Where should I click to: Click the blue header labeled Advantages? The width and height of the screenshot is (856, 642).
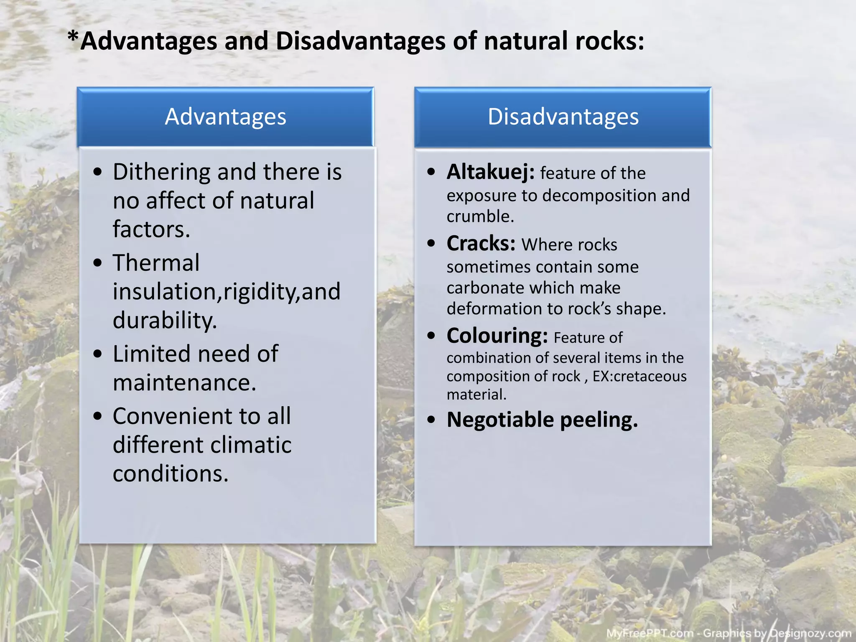225,117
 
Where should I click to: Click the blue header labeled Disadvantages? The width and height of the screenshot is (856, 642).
563,117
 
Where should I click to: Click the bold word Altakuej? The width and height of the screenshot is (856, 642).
490,172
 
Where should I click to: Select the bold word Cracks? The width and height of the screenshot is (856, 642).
481,244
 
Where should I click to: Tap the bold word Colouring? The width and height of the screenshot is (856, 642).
497,336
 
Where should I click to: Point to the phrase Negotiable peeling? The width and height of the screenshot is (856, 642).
542,420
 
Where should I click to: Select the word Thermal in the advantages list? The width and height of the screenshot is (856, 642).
156,263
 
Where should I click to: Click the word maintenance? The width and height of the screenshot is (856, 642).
184,383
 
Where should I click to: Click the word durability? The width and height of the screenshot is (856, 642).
165,321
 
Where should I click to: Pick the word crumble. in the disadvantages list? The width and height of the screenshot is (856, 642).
480,217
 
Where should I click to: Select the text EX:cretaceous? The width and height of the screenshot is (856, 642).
639,376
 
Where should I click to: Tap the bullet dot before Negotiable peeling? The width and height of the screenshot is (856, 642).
431,420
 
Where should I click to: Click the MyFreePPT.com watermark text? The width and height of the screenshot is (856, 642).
650,633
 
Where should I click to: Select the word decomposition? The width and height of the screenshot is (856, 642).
599,196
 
